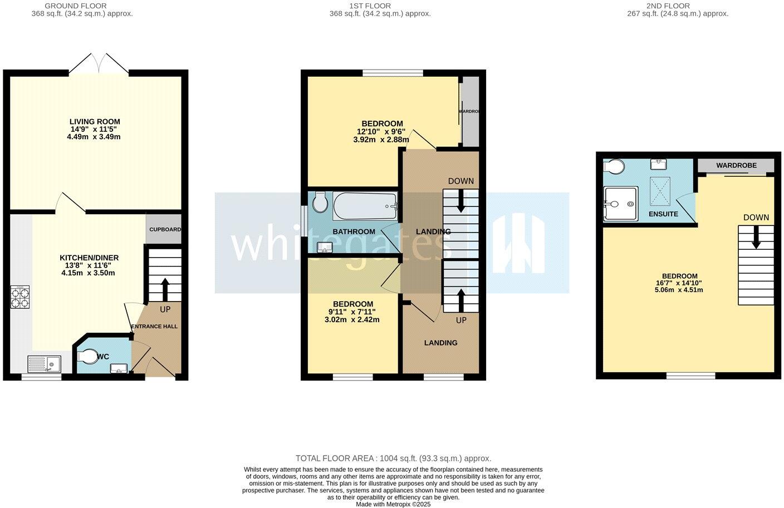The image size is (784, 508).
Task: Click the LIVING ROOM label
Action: click(95, 121)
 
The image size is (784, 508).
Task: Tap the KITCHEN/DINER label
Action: click(89, 258)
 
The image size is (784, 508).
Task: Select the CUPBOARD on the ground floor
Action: click(164, 229)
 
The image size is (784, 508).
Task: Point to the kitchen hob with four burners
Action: click(20, 297)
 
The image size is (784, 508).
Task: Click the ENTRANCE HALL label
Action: click(154, 327)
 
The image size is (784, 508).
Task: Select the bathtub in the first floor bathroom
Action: click(365, 206)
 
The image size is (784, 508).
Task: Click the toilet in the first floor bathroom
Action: click(320, 203)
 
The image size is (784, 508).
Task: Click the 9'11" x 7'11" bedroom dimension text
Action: click(351, 312)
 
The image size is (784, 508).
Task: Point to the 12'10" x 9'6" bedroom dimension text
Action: click(381, 132)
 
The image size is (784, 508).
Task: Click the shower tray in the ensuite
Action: click(620, 204)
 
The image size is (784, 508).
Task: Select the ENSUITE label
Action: click(663, 214)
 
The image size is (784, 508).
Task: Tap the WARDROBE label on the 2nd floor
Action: click(736, 165)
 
